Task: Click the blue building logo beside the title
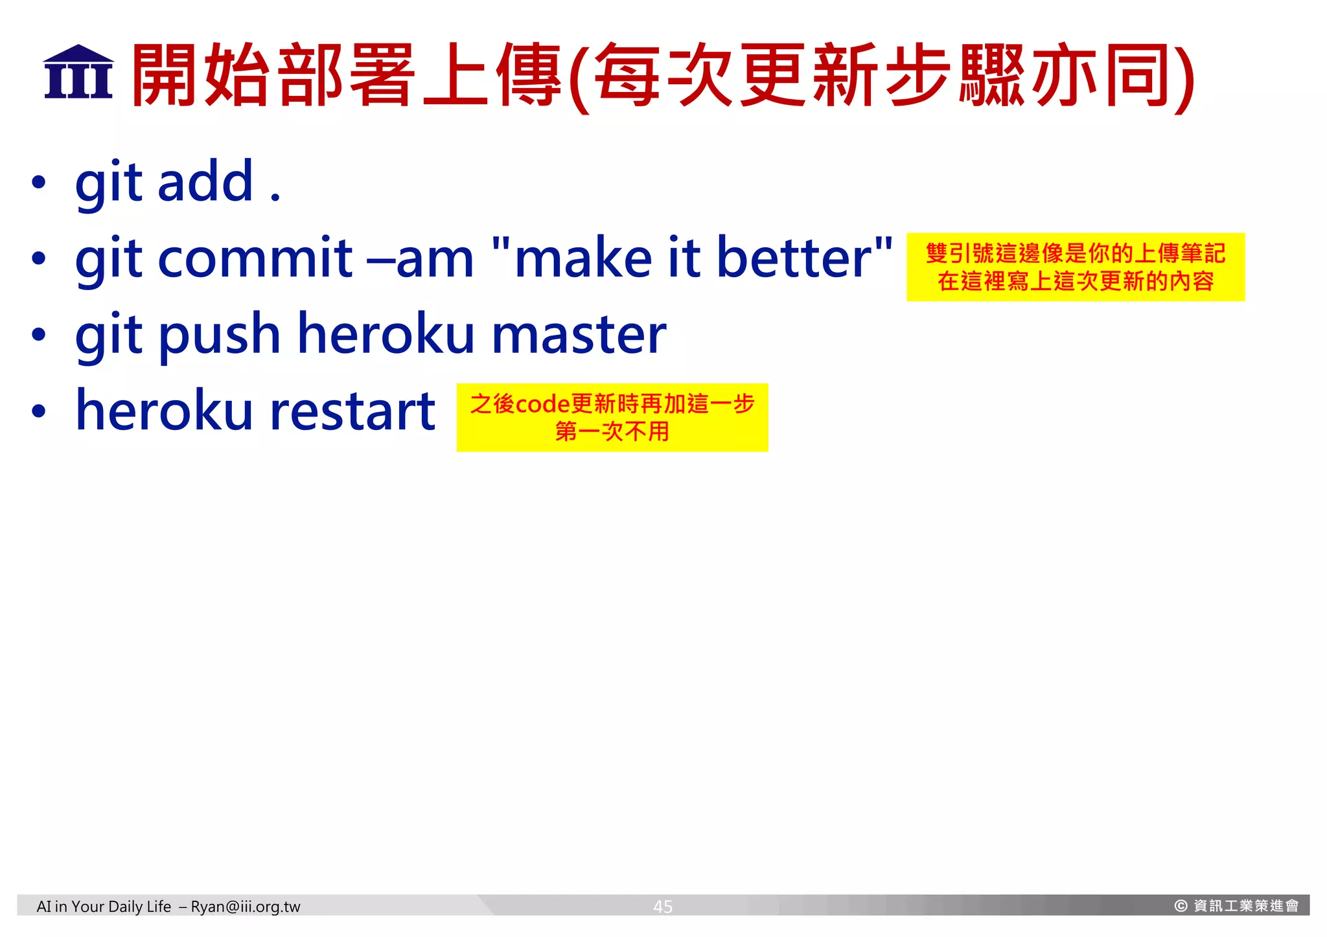click(78, 73)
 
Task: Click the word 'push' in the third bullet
click(220, 335)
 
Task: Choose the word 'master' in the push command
click(579, 335)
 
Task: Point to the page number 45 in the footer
click(663, 907)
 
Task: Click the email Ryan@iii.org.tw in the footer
click(246, 907)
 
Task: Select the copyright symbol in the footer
click(1181, 906)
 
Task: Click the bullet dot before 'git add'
click(39, 183)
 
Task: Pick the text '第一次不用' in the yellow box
click(612, 431)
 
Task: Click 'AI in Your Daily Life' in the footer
click(104, 907)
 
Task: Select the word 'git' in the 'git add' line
click(108, 183)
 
